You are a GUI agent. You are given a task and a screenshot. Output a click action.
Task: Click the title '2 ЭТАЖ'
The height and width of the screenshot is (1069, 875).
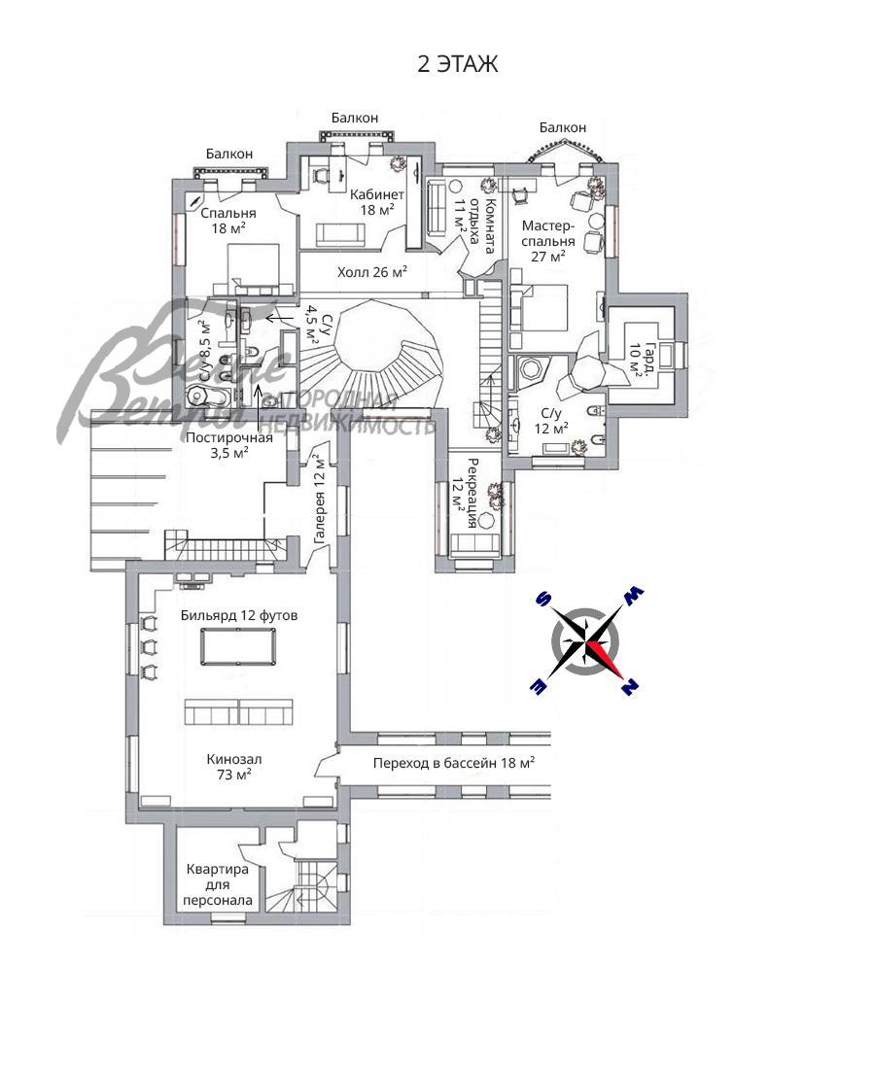click(457, 64)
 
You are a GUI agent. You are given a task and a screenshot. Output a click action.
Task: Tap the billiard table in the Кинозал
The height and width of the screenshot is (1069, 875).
click(238, 646)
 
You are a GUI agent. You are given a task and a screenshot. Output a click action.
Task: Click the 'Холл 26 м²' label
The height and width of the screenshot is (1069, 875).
click(371, 273)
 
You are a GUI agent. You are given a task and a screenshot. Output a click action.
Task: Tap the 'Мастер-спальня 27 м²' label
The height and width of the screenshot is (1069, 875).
click(548, 241)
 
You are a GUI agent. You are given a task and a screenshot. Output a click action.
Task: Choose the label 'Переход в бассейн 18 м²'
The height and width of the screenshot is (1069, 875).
click(453, 763)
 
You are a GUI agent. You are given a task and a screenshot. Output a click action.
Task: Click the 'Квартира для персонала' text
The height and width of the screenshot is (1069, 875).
click(218, 885)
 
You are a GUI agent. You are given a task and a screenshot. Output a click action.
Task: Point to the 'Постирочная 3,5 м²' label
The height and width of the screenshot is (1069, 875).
click(229, 445)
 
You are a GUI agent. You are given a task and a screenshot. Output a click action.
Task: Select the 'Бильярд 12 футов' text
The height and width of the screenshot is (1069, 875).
click(239, 615)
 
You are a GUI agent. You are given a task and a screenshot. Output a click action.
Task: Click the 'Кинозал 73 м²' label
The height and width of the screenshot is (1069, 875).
click(234, 767)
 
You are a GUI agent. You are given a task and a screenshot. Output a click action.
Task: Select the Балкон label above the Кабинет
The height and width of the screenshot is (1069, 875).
click(355, 118)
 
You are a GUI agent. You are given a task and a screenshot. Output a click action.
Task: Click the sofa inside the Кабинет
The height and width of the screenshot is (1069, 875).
click(339, 234)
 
